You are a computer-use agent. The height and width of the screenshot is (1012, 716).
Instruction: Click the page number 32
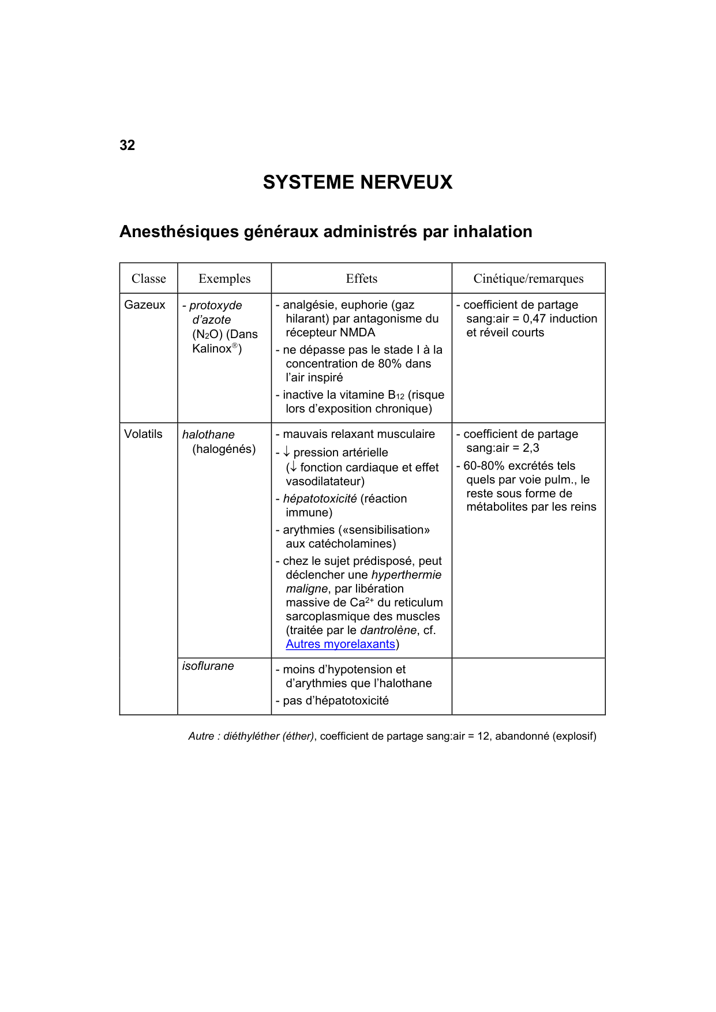point(127,145)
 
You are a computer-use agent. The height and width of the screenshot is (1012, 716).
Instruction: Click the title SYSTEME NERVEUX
point(357,182)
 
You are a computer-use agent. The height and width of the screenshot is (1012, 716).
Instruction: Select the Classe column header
point(148,279)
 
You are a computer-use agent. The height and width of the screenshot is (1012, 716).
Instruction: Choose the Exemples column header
point(224,279)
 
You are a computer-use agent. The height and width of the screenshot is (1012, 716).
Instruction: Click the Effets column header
point(361,279)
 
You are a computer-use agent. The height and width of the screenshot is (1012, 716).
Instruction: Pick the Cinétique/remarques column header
point(528,279)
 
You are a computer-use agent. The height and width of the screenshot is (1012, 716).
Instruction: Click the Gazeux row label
point(145,305)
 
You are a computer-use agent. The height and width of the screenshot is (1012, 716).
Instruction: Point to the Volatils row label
point(143,434)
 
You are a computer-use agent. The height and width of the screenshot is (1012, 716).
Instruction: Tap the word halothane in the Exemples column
point(208,434)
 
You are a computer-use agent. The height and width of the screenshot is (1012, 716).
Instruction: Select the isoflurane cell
point(208,666)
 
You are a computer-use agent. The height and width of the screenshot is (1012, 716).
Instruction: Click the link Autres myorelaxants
point(340,644)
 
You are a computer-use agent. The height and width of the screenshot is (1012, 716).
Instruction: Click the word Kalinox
point(211,348)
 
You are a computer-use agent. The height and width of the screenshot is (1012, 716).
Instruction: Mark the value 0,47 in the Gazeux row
point(534,318)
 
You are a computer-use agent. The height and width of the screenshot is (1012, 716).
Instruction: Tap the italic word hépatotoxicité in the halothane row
point(320,498)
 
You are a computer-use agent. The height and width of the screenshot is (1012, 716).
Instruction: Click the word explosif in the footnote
point(574,736)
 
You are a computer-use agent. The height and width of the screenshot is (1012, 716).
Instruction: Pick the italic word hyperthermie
point(406,575)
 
